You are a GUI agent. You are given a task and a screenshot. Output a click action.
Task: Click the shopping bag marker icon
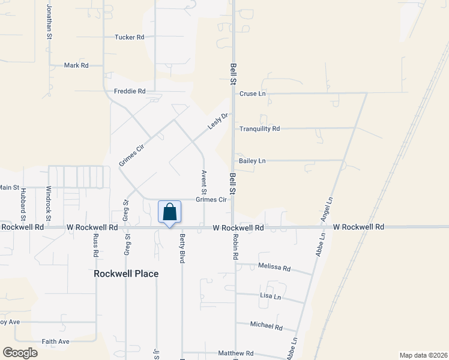[169, 212]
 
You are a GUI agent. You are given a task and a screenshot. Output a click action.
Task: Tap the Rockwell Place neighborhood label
[126, 274]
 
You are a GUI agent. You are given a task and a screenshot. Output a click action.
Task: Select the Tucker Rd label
[130, 37]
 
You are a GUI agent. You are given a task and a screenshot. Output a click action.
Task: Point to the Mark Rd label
[76, 65]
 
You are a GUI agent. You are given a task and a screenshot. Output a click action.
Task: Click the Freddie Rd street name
[130, 92]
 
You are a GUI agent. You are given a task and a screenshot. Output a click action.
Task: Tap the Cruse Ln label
[252, 94]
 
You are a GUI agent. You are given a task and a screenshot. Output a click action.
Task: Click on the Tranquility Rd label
[259, 129]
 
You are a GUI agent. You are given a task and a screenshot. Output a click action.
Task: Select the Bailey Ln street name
[252, 161]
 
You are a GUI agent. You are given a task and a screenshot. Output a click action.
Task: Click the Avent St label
[204, 182]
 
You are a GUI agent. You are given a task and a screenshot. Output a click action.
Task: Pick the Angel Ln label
[328, 209]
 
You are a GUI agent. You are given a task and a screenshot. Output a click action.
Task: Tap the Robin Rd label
[236, 247]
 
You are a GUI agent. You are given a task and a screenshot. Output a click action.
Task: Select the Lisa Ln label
[270, 296]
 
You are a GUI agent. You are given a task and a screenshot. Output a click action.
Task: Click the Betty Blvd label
[182, 248]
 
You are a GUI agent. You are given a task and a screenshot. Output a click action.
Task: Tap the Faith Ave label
[55, 341]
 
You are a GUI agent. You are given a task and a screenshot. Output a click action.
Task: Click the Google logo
[20, 353]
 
